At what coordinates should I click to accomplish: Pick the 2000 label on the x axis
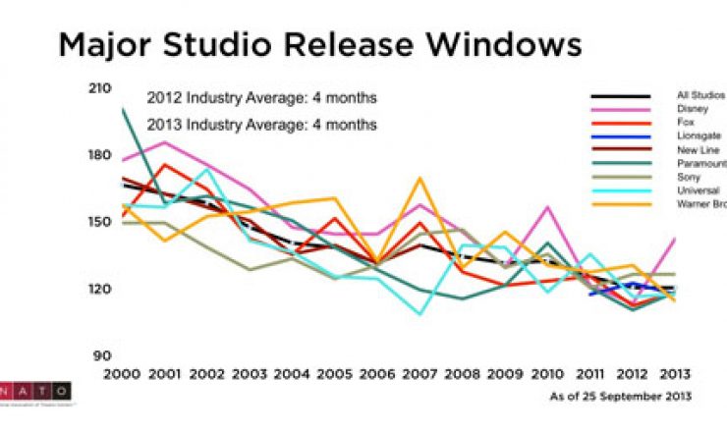(x=123, y=375)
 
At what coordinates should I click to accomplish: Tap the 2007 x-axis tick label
(x=419, y=375)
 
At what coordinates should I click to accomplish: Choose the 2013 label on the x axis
(x=673, y=375)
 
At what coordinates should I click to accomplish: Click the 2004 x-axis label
(x=293, y=375)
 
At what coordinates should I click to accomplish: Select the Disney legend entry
(x=691, y=109)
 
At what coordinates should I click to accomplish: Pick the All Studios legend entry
(x=698, y=95)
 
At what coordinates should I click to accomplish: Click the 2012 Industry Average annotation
(x=261, y=98)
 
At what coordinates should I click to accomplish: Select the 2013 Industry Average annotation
(x=261, y=125)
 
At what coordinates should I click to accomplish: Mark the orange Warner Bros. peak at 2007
(x=419, y=179)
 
